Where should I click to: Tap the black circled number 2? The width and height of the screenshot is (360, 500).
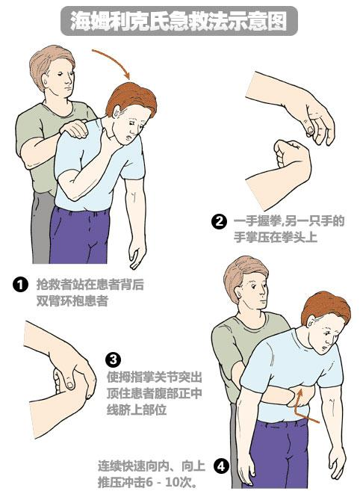point(219,221)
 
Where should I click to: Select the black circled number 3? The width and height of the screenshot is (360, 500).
point(113,359)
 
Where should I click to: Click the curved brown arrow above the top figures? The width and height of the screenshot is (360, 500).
point(112,61)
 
